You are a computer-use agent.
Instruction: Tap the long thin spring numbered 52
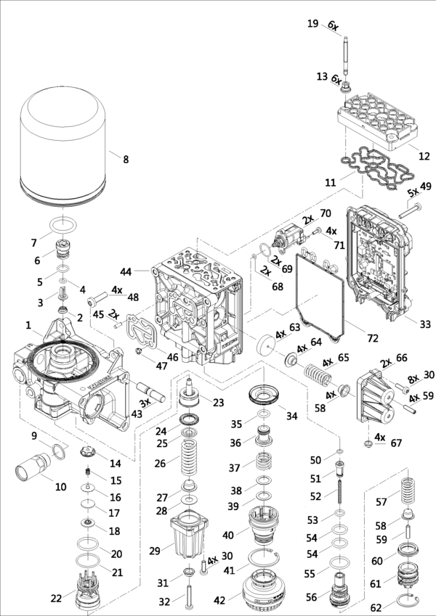339,496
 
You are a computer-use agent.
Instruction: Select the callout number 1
28,324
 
